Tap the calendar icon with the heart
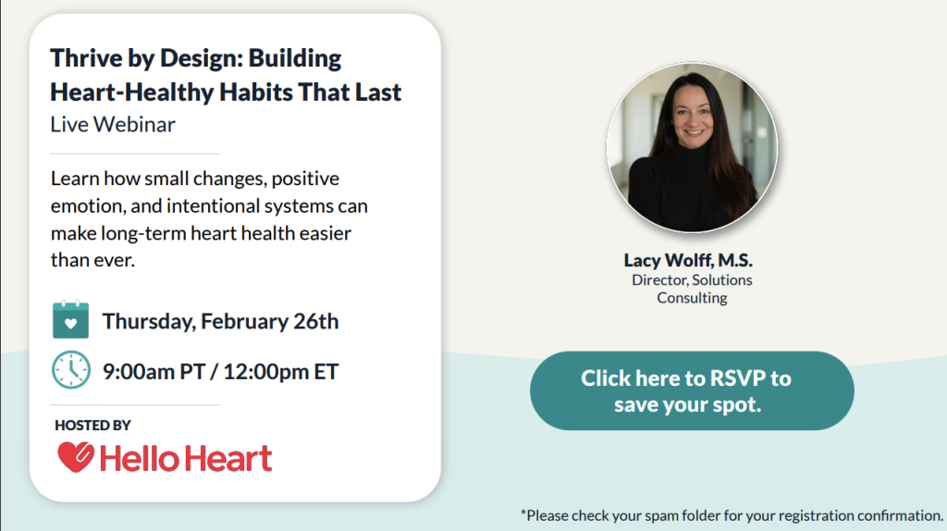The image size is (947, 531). coord(70,320)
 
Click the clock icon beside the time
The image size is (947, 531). coord(70,370)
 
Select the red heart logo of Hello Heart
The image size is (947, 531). coord(74,457)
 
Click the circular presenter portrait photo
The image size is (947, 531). coord(692,148)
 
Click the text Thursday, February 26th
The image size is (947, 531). coord(220,321)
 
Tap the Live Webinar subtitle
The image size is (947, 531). coord(113,124)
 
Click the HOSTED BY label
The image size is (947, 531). coord(92,426)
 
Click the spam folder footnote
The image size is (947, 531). coord(731,514)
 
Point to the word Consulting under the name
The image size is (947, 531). coord(692,298)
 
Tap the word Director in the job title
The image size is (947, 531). coord(659,279)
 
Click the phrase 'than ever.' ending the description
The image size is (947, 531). coord(92,260)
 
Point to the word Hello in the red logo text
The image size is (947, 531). coord(137,458)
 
